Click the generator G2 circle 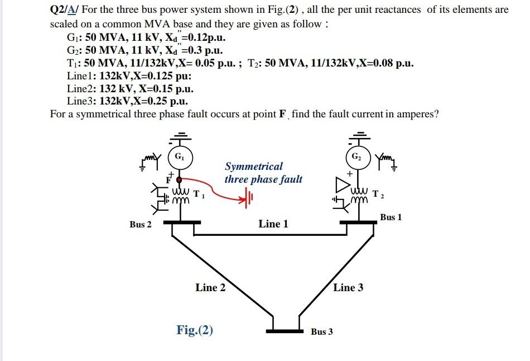point(356,156)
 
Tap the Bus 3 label point(322,331)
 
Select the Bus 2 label point(141,224)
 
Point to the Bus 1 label point(391,217)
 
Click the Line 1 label point(273,224)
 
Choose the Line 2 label point(210,288)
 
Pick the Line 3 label point(348,288)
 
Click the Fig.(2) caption point(195,330)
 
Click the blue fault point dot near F point(179,180)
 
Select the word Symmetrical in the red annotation point(253,166)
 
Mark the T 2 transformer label point(378,194)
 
